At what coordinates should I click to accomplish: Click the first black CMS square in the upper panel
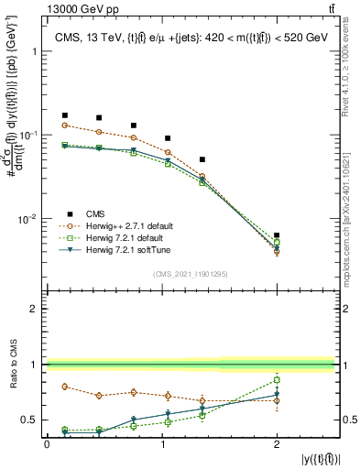[64, 115]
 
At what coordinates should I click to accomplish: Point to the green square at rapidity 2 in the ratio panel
[277, 379]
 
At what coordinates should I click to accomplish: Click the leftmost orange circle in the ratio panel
[64, 387]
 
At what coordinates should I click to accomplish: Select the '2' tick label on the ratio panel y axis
[34, 309]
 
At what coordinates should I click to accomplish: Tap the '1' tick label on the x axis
[161, 443]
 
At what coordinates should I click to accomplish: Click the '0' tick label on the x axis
[47, 443]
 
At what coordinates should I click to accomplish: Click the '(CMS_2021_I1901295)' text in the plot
[190, 274]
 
